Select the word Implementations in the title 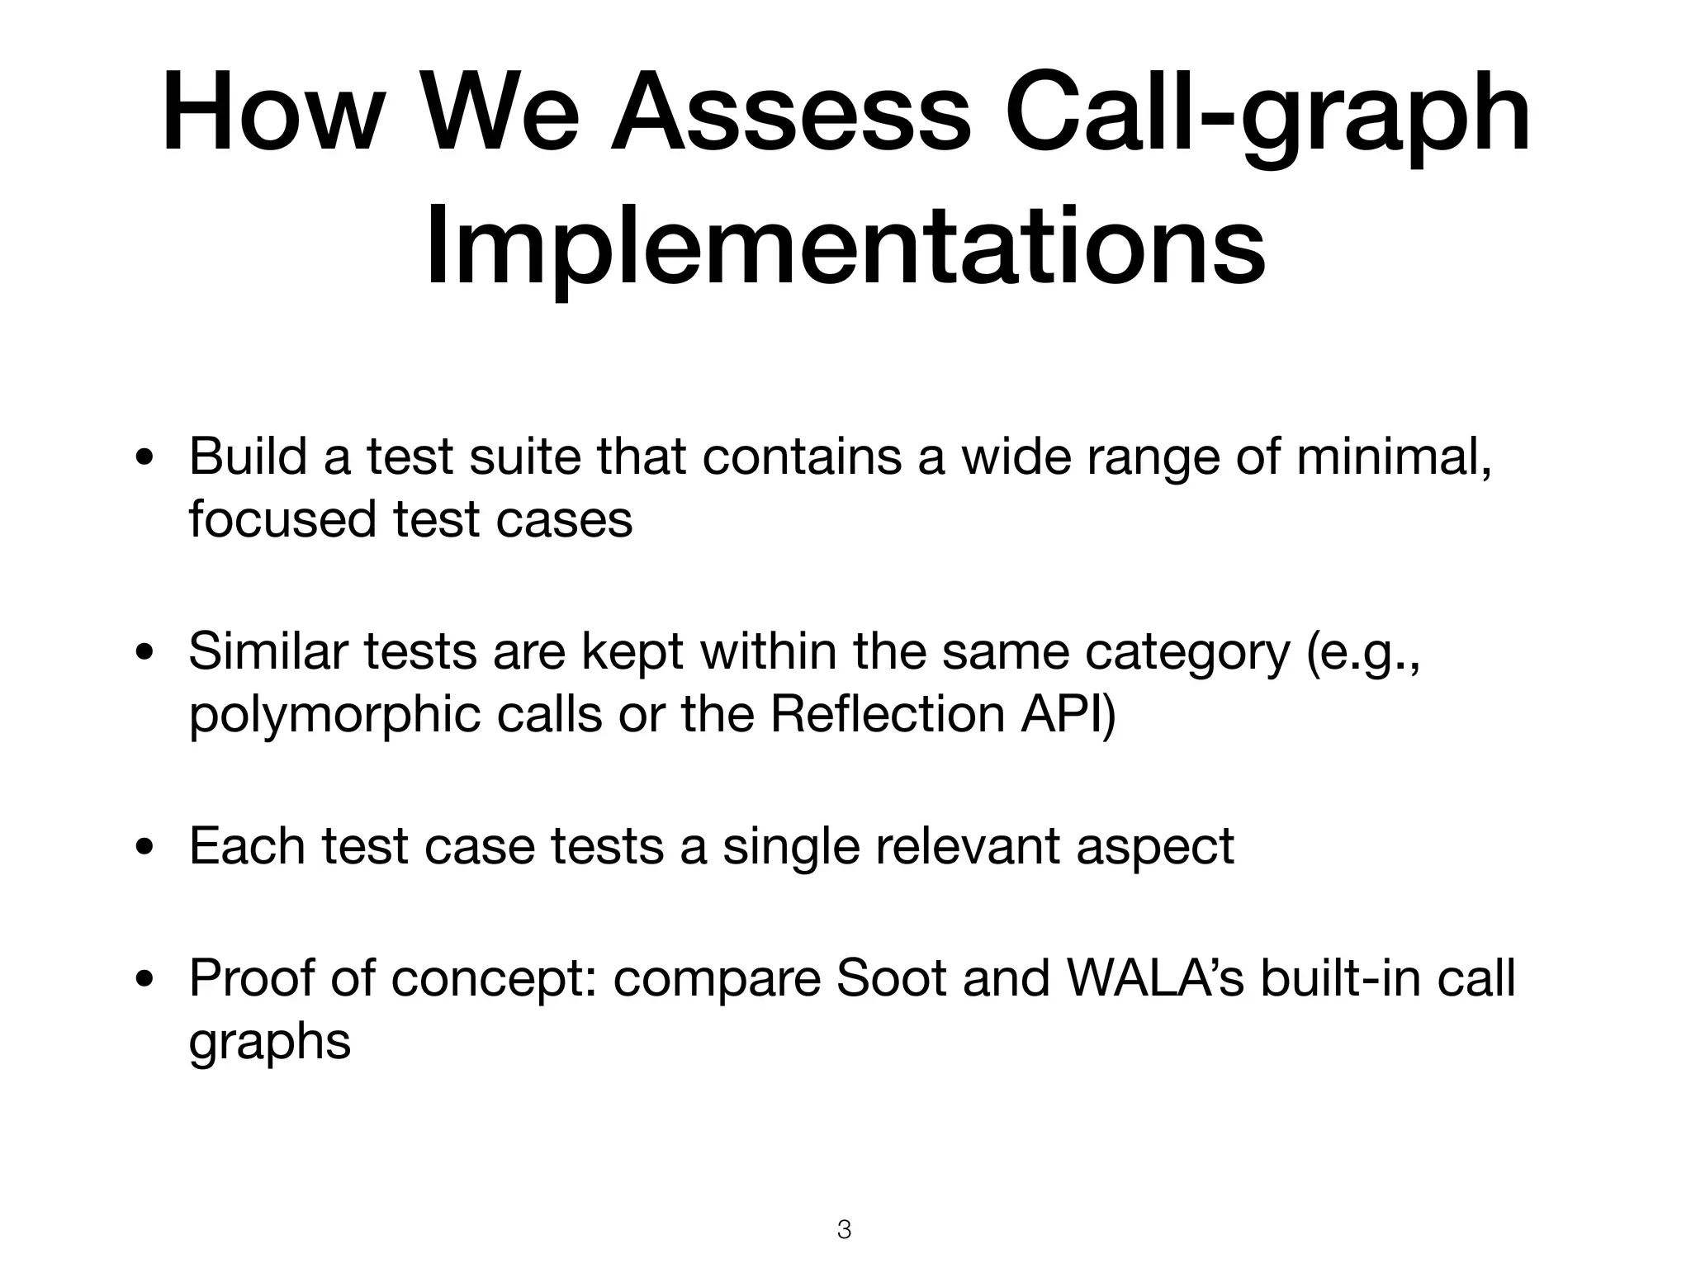pos(845,248)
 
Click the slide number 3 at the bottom pos(844,1229)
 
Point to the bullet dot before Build pos(145,459)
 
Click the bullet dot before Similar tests pos(145,654)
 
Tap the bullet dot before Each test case pos(145,849)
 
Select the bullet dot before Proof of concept pos(145,980)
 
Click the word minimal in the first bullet pos(1394,456)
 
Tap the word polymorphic pos(334,715)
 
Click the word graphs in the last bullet pos(270,1043)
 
